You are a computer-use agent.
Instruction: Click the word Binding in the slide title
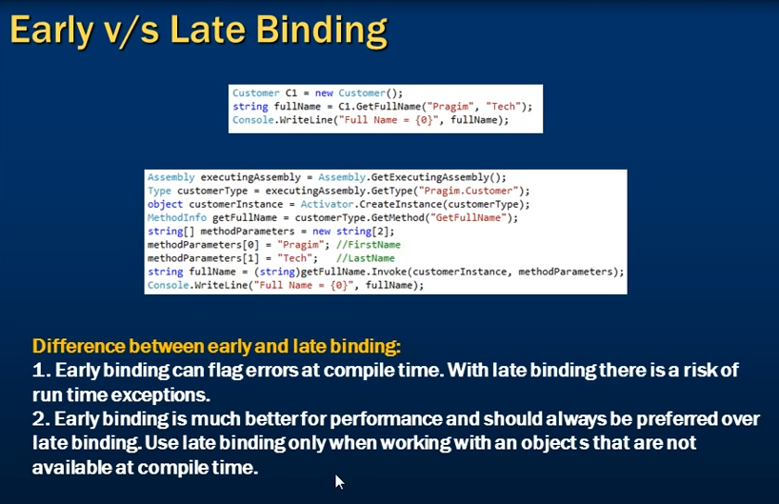(x=322, y=30)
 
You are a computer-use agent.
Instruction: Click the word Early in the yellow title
(x=51, y=30)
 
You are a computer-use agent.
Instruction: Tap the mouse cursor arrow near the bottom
(x=339, y=482)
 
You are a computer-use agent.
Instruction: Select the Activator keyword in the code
(x=327, y=204)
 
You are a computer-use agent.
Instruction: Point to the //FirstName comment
(x=369, y=245)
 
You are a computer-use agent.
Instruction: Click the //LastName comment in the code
(x=365, y=258)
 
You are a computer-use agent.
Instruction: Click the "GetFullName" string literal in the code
(x=469, y=218)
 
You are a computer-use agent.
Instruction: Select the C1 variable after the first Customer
(x=290, y=93)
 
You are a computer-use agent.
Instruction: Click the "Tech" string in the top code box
(x=503, y=107)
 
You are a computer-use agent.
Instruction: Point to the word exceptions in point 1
(x=161, y=395)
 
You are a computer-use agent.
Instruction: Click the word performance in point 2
(x=386, y=419)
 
